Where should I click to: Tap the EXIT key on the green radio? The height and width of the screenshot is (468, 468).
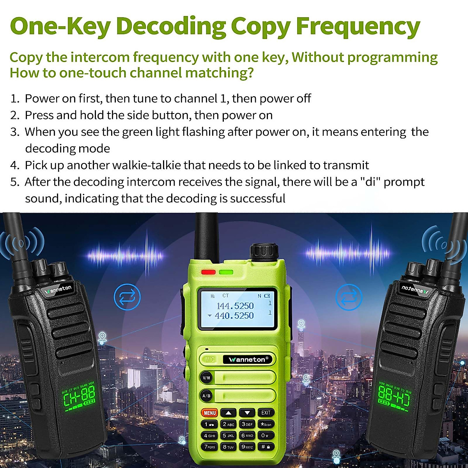[266, 413]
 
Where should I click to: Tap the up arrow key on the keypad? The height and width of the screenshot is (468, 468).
[229, 413]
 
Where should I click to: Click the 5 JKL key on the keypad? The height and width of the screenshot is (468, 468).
[229, 436]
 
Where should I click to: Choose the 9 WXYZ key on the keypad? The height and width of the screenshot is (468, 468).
[247, 447]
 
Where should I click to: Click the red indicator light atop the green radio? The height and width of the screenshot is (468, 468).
[208, 272]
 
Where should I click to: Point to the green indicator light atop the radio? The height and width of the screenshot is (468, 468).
[226, 272]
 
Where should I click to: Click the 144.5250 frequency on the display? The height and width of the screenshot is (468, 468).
[235, 306]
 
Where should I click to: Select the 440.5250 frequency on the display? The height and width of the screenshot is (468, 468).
[234, 316]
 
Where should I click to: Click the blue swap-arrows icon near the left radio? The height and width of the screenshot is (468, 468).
[127, 298]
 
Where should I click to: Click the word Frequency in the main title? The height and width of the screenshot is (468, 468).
[358, 27]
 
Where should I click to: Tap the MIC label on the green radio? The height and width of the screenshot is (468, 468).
[210, 360]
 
